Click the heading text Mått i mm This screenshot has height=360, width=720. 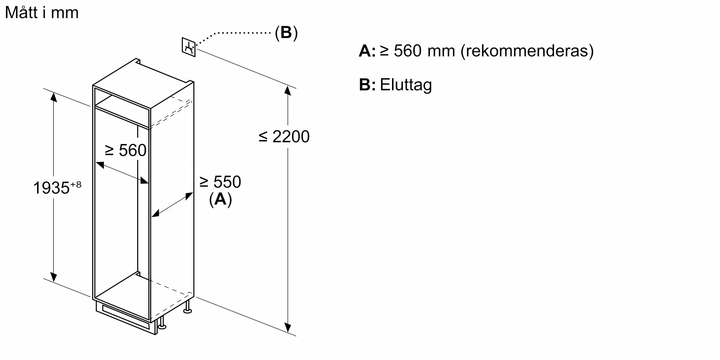point(42,13)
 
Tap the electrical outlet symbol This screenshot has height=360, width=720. point(189,47)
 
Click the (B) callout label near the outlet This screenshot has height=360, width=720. point(286,33)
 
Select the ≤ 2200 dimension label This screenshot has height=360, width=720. point(284,137)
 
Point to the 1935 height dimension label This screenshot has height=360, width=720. point(51,188)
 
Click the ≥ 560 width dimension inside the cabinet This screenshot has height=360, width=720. point(125,150)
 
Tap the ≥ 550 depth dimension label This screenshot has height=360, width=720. point(220,182)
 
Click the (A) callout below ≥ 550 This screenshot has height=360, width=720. point(220,199)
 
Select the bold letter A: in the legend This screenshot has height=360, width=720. point(367,51)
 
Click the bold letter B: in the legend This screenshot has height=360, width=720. point(367,85)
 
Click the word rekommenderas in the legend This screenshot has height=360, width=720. point(527,51)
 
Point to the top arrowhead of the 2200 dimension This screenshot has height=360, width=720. point(288,90)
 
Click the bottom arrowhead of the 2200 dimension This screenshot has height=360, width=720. point(288,328)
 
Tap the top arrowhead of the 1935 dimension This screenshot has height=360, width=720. point(54,96)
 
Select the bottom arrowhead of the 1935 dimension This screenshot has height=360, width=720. point(54,277)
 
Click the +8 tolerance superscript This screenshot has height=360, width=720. point(76,184)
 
